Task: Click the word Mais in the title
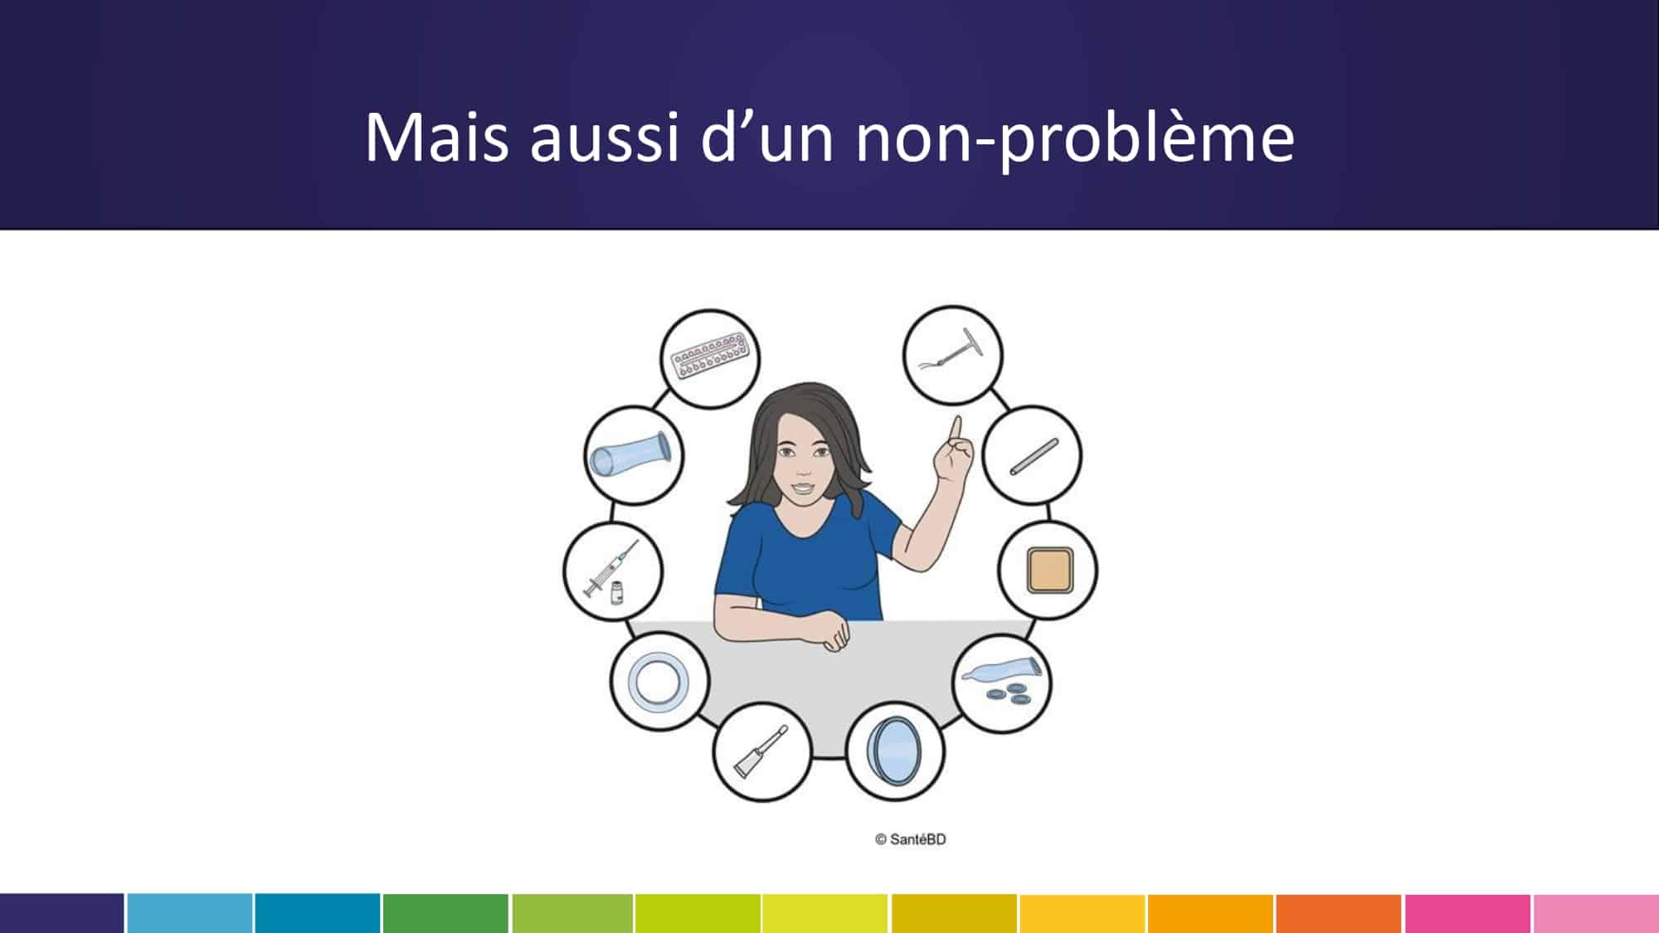[x=436, y=137]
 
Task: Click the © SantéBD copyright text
[x=910, y=839]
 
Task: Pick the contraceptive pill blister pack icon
[x=710, y=358]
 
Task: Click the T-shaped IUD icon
[x=952, y=354]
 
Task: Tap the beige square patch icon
[x=1048, y=570]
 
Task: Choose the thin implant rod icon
[x=1032, y=456]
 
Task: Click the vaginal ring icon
[x=659, y=682]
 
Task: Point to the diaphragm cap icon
[x=896, y=752]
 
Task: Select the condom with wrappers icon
[x=1001, y=683]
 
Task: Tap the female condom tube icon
[x=634, y=456]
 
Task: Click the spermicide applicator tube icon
[x=762, y=752]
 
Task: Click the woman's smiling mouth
[x=801, y=488]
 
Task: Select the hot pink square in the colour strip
[x=1467, y=913]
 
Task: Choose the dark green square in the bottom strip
[x=445, y=913]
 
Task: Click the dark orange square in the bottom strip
[x=1339, y=913]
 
